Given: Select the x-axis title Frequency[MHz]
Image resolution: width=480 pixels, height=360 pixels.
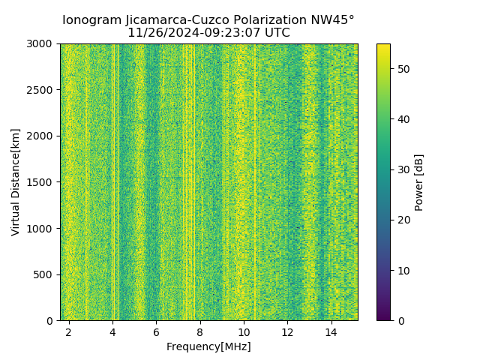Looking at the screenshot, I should tap(208, 346).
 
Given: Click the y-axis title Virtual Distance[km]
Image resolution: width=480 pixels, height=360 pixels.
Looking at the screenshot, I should tap(16, 181).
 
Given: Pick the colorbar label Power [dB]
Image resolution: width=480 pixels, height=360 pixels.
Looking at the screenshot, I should tap(419, 182).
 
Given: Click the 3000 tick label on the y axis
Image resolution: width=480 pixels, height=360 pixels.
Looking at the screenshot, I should tap(41, 43).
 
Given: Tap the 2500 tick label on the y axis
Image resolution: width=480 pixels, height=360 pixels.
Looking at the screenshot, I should tap(41, 90).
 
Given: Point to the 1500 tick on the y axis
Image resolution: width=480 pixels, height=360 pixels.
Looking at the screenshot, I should tap(41, 182).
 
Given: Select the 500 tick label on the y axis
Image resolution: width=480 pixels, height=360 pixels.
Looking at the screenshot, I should tap(44, 274).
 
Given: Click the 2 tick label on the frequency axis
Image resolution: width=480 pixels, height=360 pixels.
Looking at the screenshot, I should tap(69, 331).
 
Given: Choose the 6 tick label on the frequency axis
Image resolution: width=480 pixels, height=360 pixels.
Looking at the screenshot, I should tap(156, 331).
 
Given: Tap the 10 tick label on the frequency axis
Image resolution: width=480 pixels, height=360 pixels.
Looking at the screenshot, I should tap(244, 331).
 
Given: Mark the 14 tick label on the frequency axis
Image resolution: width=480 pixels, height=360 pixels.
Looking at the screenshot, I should tap(331, 331).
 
